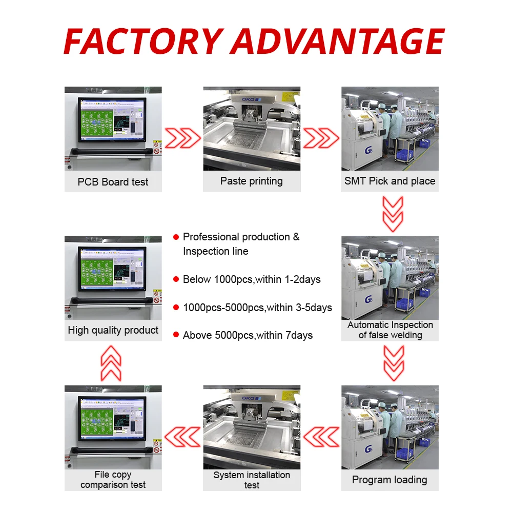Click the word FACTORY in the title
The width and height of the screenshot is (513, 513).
[x=143, y=41]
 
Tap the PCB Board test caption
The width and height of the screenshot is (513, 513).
[x=113, y=182]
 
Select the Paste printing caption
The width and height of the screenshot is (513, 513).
[x=251, y=181]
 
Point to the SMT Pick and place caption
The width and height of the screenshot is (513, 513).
[x=389, y=181]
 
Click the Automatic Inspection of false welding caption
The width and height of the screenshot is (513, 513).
[x=390, y=330]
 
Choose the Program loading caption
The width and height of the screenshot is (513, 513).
[x=389, y=480]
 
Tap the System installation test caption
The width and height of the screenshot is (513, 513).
[x=252, y=480]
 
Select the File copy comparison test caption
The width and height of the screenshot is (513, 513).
[x=113, y=480]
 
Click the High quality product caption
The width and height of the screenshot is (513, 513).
[x=113, y=330]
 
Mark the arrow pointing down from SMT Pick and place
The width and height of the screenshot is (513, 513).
[x=393, y=214]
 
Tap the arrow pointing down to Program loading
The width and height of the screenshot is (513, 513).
[x=393, y=363]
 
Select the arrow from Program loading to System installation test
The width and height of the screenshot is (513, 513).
[x=321, y=437]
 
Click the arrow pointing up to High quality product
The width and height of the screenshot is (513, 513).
[x=111, y=363]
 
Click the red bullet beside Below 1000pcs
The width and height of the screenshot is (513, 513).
[x=176, y=280]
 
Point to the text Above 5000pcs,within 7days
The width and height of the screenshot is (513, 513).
[x=248, y=335]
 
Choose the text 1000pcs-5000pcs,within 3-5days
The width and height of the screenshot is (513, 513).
[x=257, y=307]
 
